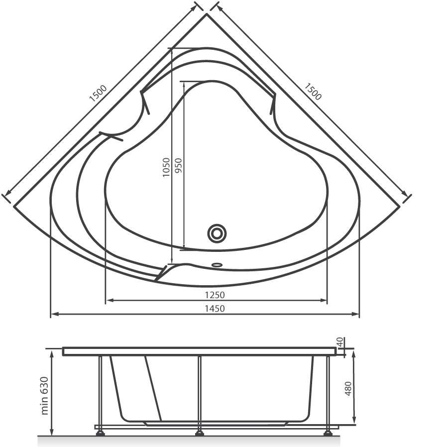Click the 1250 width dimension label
click(x=215, y=295)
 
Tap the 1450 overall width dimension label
click(x=215, y=309)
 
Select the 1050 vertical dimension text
click(x=166, y=167)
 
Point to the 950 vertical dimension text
click(x=178, y=166)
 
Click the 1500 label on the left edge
click(x=98, y=94)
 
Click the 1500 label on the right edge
click(x=313, y=92)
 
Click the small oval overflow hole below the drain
click(x=217, y=264)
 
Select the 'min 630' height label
click(x=45, y=396)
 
